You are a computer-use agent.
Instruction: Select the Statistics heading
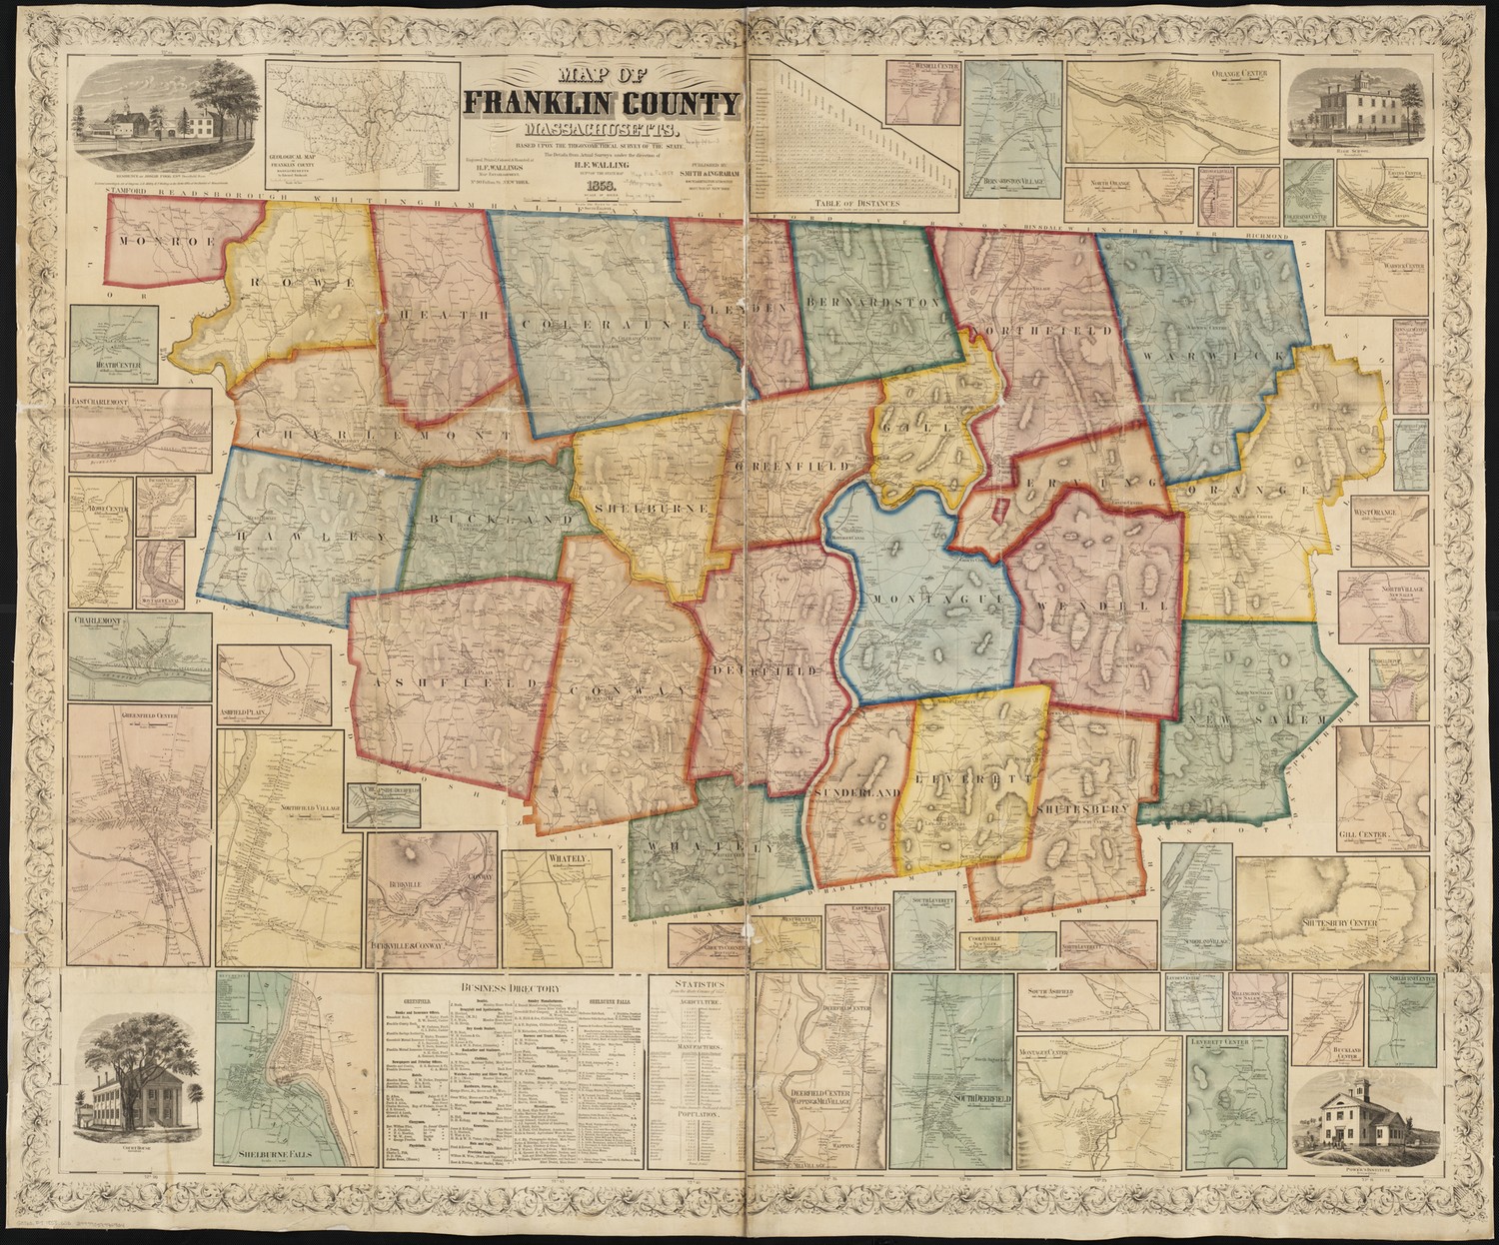pos(697,983)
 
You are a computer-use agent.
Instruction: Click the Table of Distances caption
pos(851,204)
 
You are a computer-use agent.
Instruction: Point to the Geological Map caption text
pos(297,160)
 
